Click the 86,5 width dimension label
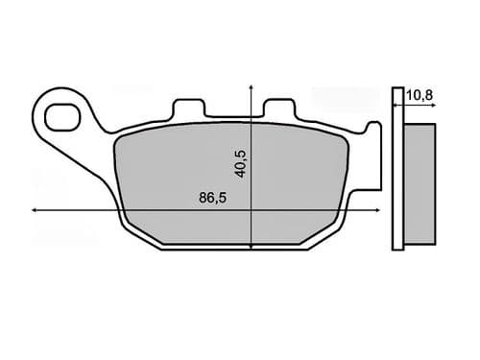(205, 200)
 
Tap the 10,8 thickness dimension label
(418, 94)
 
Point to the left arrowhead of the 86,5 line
(36, 210)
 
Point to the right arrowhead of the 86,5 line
(370, 210)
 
